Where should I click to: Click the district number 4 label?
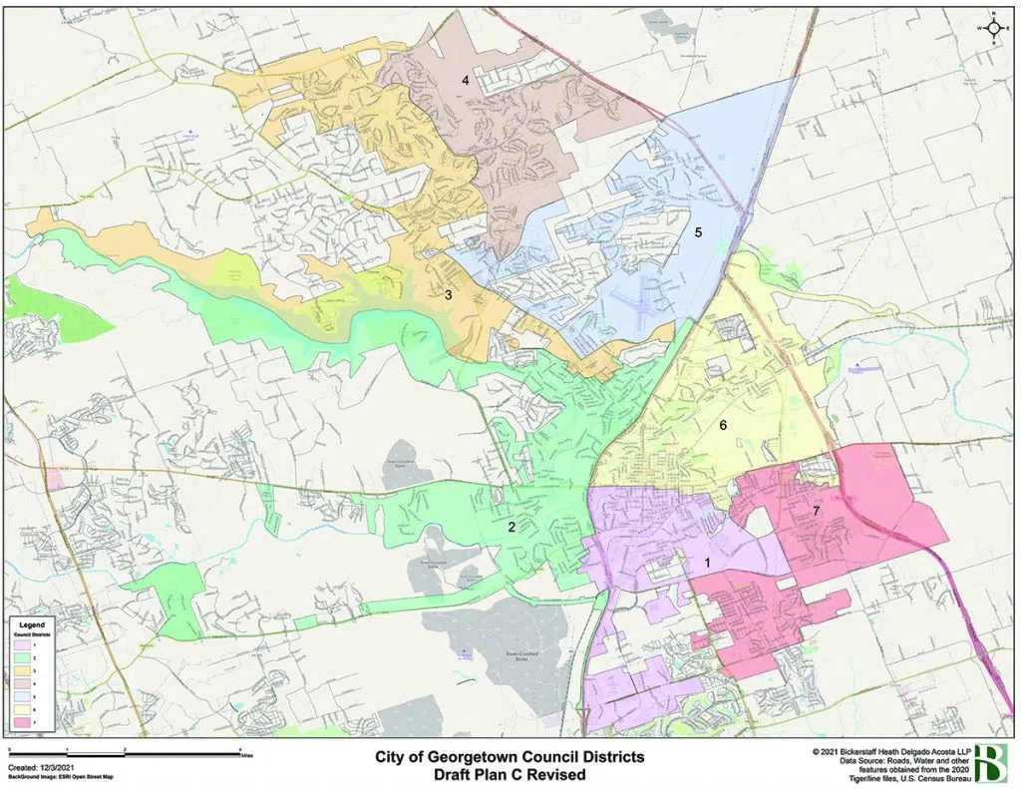465,80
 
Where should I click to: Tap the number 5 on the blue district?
699,232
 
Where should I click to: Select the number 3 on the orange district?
449,295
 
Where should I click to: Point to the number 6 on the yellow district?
724,425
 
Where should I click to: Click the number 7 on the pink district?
816,512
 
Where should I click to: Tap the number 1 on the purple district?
708,563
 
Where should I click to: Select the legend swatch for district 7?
24,720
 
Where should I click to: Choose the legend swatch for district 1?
24,646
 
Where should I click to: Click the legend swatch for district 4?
24,683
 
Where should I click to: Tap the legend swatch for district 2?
24,658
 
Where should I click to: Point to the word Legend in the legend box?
33,622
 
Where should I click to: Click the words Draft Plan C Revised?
510,774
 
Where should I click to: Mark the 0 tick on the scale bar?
9,748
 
